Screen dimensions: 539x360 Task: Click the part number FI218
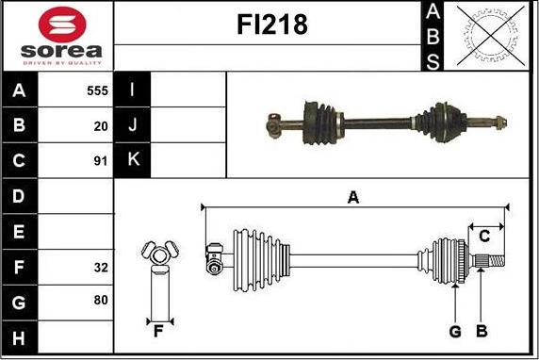coord(272,25)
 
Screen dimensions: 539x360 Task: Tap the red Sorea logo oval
coord(62,25)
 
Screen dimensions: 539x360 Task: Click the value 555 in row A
coord(98,90)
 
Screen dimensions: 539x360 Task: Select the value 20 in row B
coord(101,126)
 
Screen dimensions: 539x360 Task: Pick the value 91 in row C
coord(101,161)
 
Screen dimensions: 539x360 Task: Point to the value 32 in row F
coord(101,268)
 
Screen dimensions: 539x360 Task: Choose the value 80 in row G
coord(101,301)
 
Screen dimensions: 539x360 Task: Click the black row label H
coord(19,337)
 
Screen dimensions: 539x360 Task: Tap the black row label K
coord(133,160)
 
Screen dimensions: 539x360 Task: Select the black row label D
coord(19,196)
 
